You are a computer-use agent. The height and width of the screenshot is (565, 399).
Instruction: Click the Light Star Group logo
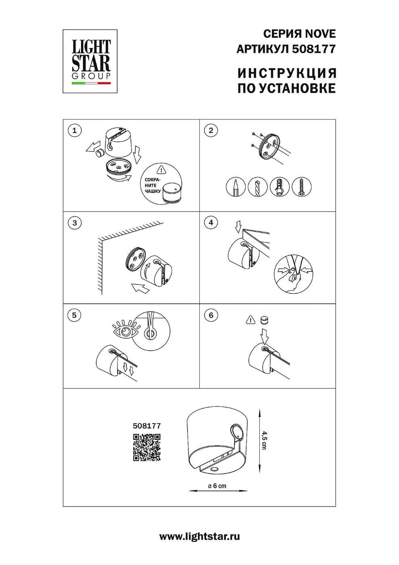point(90,61)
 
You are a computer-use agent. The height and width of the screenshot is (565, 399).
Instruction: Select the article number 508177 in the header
point(313,49)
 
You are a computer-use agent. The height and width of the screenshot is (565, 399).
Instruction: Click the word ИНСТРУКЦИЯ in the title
point(287,73)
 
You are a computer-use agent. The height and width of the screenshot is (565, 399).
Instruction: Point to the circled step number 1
point(74,131)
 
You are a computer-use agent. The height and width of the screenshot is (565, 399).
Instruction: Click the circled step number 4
point(211,222)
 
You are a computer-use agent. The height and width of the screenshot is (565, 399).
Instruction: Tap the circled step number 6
point(211,315)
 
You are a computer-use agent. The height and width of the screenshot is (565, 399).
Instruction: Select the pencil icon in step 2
point(236,187)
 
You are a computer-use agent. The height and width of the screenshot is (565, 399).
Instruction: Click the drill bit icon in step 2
point(257,187)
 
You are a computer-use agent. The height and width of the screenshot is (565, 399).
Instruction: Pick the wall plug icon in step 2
point(280,187)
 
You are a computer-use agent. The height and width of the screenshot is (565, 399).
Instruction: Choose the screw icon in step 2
point(301,187)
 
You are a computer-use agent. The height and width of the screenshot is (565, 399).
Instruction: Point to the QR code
point(147,447)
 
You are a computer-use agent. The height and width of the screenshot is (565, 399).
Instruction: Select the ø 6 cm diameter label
point(217,485)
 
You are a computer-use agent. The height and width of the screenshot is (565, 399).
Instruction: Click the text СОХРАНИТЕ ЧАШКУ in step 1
point(152,185)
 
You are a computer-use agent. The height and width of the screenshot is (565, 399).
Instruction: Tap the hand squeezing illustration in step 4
point(293,274)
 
